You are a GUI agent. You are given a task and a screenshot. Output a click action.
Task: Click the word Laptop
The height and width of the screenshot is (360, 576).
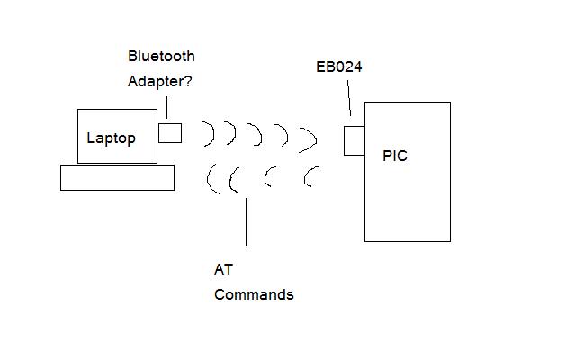(x=111, y=139)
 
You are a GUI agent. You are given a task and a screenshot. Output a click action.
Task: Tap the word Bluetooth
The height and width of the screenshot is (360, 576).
(x=161, y=56)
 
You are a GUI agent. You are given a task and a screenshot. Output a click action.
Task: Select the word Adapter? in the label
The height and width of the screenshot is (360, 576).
(x=160, y=82)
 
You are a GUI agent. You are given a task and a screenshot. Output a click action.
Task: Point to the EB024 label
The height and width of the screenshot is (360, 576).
(x=339, y=67)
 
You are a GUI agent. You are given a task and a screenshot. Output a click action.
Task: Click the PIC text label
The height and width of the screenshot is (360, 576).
(x=395, y=156)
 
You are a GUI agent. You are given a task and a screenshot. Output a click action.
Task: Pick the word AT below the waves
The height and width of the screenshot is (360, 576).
(x=223, y=270)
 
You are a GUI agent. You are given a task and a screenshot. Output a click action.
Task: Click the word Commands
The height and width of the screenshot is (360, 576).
(x=254, y=294)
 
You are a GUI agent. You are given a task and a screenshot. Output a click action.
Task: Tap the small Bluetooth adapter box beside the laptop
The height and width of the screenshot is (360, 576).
(x=170, y=133)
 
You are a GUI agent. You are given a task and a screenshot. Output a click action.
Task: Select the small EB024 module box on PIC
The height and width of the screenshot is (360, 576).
(x=354, y=140)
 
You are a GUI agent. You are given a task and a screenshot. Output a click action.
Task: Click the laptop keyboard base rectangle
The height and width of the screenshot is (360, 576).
(x=118, y=178)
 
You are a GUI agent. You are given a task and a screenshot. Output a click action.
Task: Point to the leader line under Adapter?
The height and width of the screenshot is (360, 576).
(x=167, y=107)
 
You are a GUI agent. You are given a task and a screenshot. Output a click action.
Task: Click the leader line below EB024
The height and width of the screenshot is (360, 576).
(x=349, y=98)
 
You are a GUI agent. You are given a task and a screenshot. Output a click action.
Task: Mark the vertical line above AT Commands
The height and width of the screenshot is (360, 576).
(x=246, y=221)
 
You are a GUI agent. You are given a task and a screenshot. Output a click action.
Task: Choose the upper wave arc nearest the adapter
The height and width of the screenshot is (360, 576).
(x=213, y=133)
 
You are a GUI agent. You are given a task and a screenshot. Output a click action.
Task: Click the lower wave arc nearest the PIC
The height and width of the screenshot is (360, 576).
(x=306, y=176)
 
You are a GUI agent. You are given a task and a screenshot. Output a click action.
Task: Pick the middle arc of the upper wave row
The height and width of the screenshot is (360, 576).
(x=260, y=135)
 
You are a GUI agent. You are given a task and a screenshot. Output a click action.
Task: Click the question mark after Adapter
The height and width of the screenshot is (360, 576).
(x=188, y=81)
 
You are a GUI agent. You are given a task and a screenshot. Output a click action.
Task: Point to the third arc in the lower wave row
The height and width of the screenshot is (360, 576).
(x=266, y=177)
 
